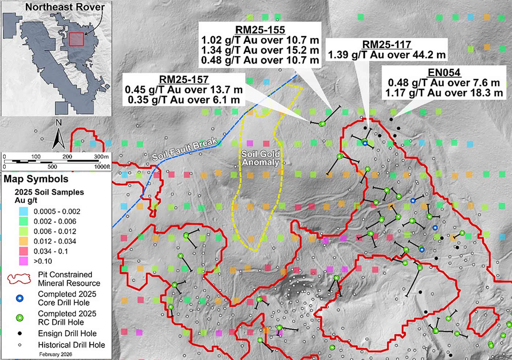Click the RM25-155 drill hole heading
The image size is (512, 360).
click(x=260, y=30)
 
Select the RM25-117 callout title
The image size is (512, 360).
click(x=387, y=45)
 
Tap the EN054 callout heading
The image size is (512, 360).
click(x=444, y=72)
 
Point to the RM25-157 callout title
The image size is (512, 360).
click(x=184, y=79)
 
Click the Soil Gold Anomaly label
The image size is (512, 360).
click(x=260, y=158)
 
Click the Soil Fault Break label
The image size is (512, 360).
click(x=185, y=150)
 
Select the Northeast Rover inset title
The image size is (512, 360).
click(x=65, y=7)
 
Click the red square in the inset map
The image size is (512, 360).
click(x=76, y=40)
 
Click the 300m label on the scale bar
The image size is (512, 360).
click(x=101, y=157)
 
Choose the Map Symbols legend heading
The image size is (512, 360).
click(x=36, y=179)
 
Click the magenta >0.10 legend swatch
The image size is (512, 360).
click(x=24, y=261)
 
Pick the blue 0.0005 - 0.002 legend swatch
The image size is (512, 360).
click(x=24, y=211)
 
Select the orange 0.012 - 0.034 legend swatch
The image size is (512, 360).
click(x=24, y=241)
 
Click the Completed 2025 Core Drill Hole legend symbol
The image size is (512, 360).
click(x=20, y=299)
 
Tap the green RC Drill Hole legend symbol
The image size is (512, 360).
click(x=20, y=318)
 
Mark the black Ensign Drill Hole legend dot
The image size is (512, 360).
click(x=20, y=334)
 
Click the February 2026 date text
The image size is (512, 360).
click(x=56, y=354)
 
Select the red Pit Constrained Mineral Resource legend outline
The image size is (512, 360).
click(x=19, y=279)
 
